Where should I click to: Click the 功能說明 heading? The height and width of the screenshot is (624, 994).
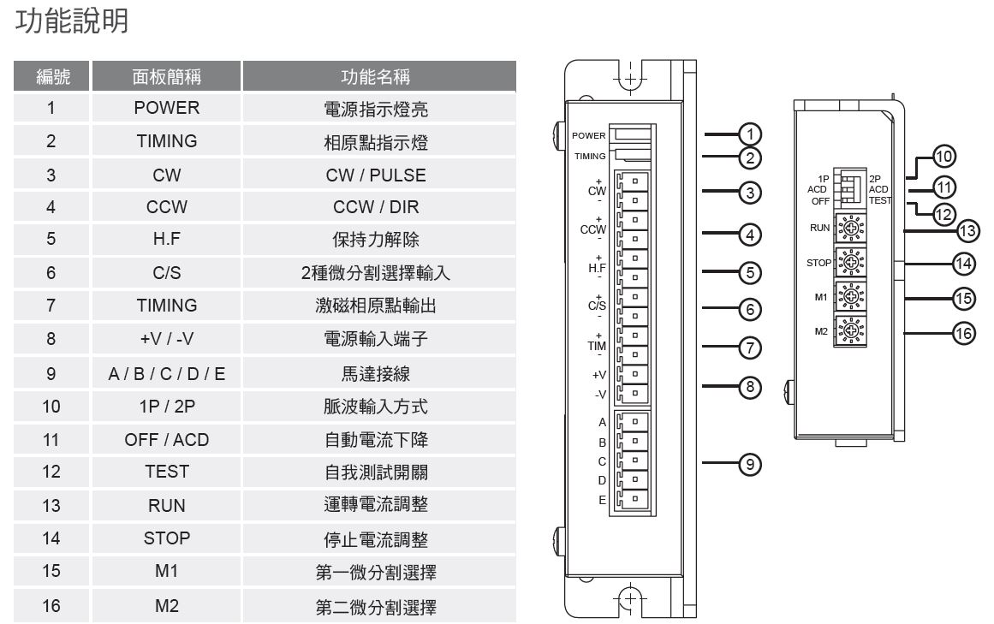click(72, 21)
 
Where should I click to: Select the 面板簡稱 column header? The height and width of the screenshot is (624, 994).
click(167, 77)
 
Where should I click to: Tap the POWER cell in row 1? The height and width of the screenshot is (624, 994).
click(167, 109)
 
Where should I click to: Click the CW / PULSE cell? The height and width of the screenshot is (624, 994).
click(376, 175)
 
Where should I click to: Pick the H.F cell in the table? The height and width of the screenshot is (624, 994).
click(167, 239)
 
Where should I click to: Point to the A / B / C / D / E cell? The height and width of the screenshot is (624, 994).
click(167, 374)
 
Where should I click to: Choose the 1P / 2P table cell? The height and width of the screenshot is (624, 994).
click(167, 407)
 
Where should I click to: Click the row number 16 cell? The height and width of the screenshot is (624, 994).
click(51, 606)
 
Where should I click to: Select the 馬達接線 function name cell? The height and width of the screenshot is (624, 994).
click(376, 374)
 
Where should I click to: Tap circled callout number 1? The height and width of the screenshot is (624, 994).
click(750, 134)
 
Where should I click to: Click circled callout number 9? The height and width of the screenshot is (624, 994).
click(750, 464)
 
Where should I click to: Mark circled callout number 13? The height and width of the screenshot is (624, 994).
click(967, 231)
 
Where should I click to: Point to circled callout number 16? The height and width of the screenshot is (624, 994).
click(963, 333)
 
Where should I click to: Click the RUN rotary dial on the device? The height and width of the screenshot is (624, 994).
click(851, 228)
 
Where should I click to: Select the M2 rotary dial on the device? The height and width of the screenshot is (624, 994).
click(851, 330)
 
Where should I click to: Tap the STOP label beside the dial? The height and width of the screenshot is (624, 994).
click(818, 263)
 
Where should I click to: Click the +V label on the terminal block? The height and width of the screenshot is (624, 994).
click(599, 375)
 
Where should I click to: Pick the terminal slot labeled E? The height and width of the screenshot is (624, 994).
click(634, 498)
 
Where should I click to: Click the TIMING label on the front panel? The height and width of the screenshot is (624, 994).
click(590, 156)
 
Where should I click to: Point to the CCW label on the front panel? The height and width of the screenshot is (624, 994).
click(592, 229)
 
